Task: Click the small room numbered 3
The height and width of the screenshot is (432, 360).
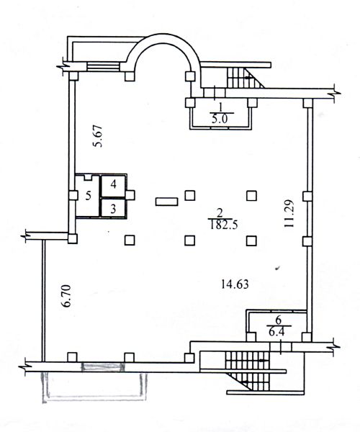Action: [113, 208]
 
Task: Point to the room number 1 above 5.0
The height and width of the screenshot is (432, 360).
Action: [218, 107]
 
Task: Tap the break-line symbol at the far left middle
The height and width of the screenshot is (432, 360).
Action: [27, 234]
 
